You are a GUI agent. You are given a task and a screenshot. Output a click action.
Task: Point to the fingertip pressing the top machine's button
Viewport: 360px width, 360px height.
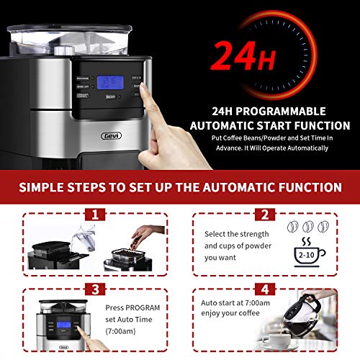(142, 92)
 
